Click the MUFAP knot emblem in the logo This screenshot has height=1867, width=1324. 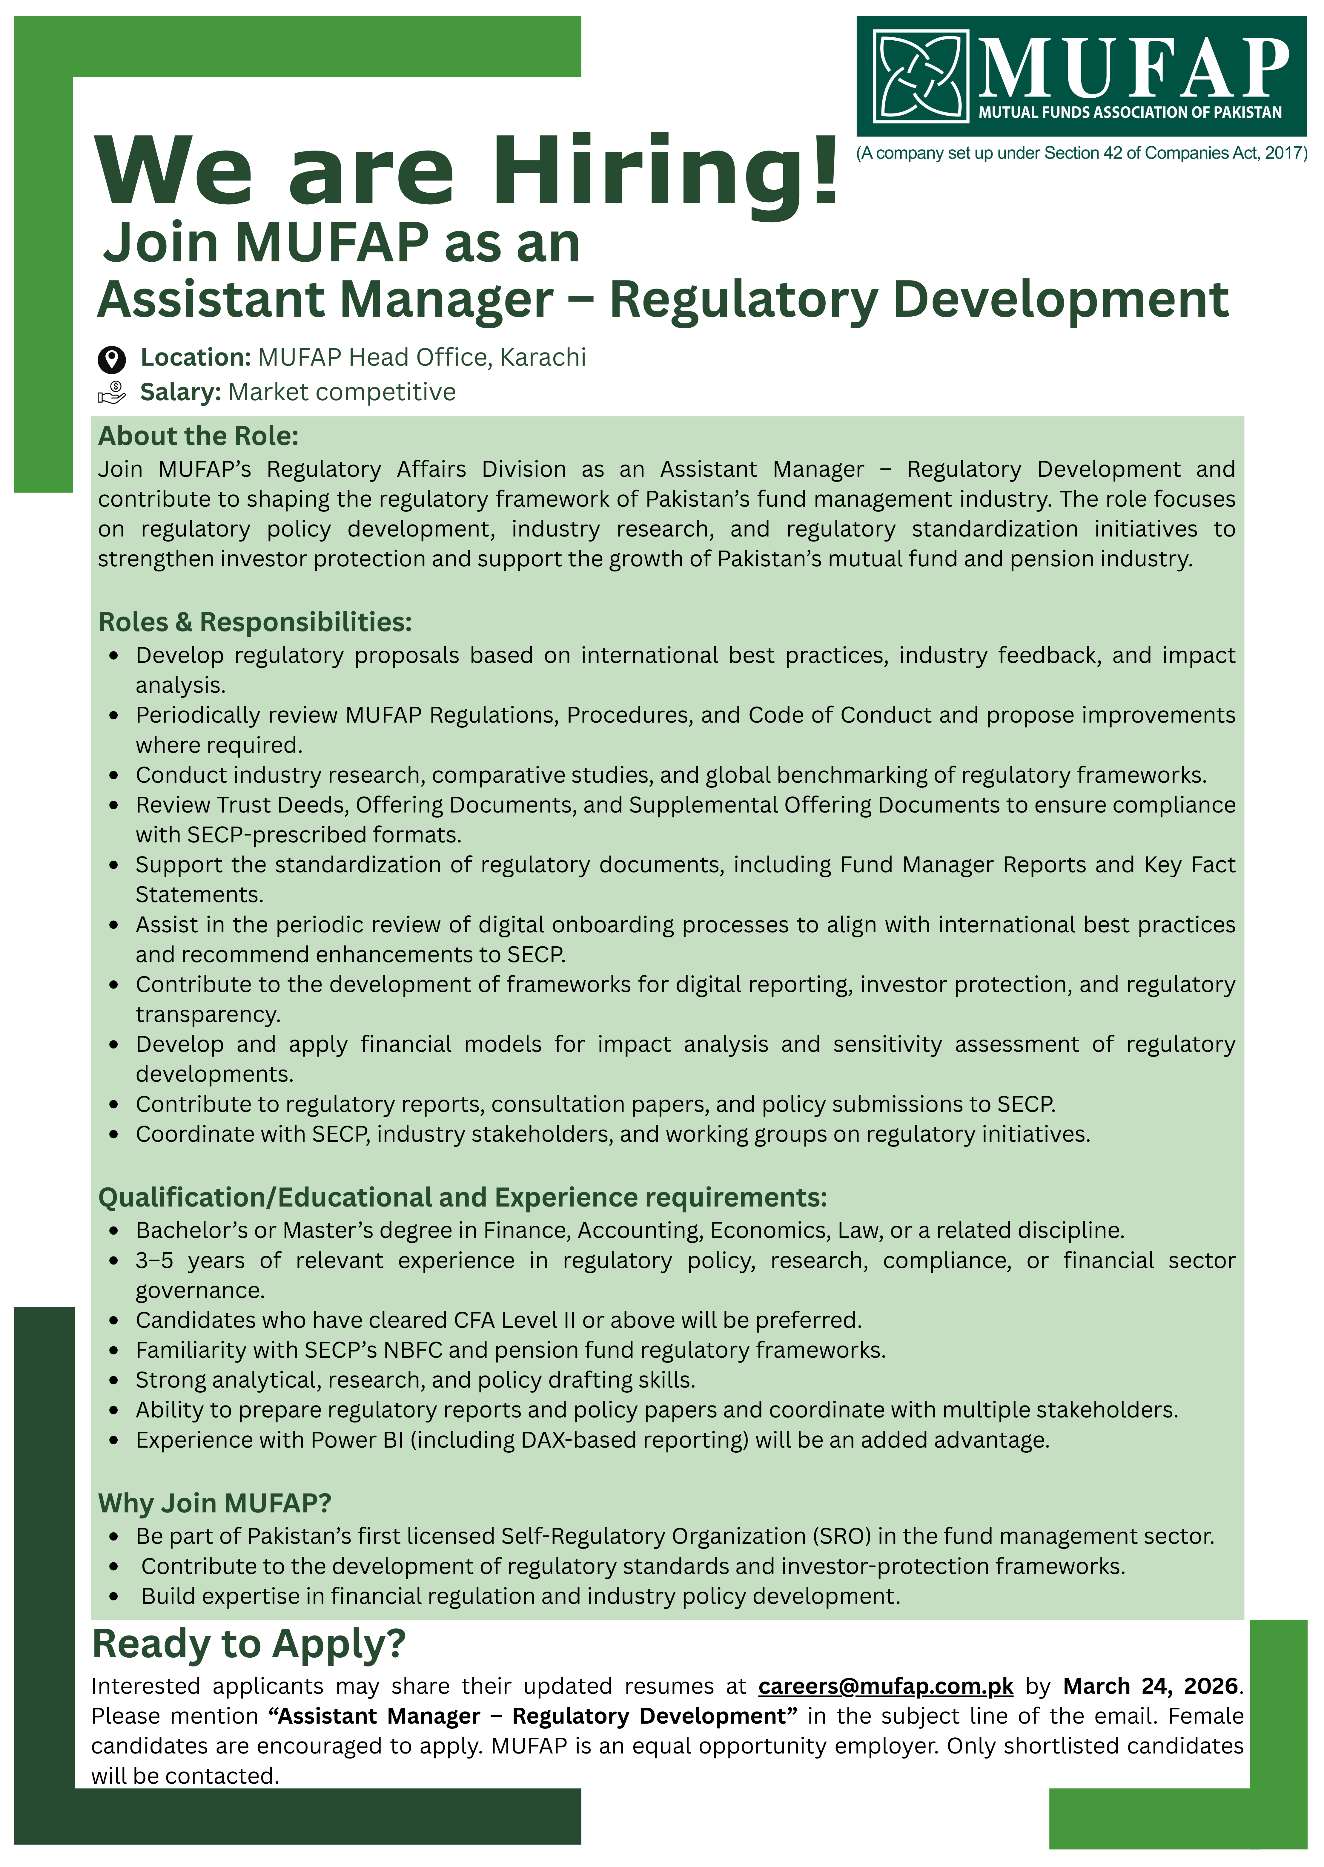coord(921,76)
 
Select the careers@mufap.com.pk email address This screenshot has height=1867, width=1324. coord(885,1686)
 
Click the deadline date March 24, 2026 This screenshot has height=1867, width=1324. coord(1150,1686)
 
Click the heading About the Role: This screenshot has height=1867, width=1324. coord(198,436)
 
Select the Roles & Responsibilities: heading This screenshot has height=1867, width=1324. coord(254,622)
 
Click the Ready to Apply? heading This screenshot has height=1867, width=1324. coord(249,1644)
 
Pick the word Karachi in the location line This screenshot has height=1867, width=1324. coord(543,357)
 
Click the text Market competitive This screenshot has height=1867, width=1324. coord(342,392)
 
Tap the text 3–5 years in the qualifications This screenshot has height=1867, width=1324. coord(189,1261)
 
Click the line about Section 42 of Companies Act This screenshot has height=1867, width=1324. coord(1081,153)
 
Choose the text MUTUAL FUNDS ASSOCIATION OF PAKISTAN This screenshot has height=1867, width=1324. coord(1130,113)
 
